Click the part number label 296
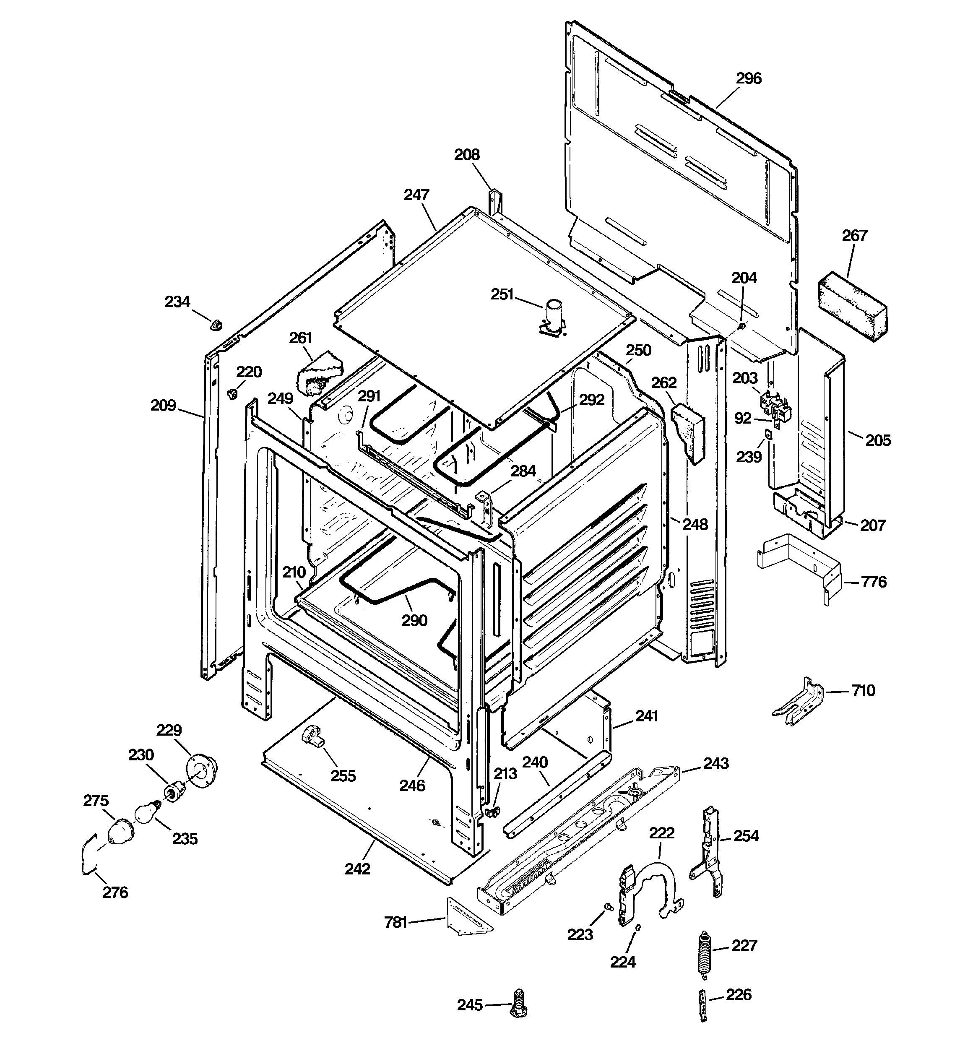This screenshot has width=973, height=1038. point(749,78)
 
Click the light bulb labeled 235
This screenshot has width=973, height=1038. point(146,814)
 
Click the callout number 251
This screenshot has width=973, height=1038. point(502,294)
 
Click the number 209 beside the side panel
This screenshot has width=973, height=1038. point(163,405)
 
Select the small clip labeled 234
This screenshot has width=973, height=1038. point(215,324)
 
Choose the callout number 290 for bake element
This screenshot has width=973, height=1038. point(414,620)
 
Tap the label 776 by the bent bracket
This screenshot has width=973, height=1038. point(873,582)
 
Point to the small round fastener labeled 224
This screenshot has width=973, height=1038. point(638,927)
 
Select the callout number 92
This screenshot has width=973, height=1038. point(742,418)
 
